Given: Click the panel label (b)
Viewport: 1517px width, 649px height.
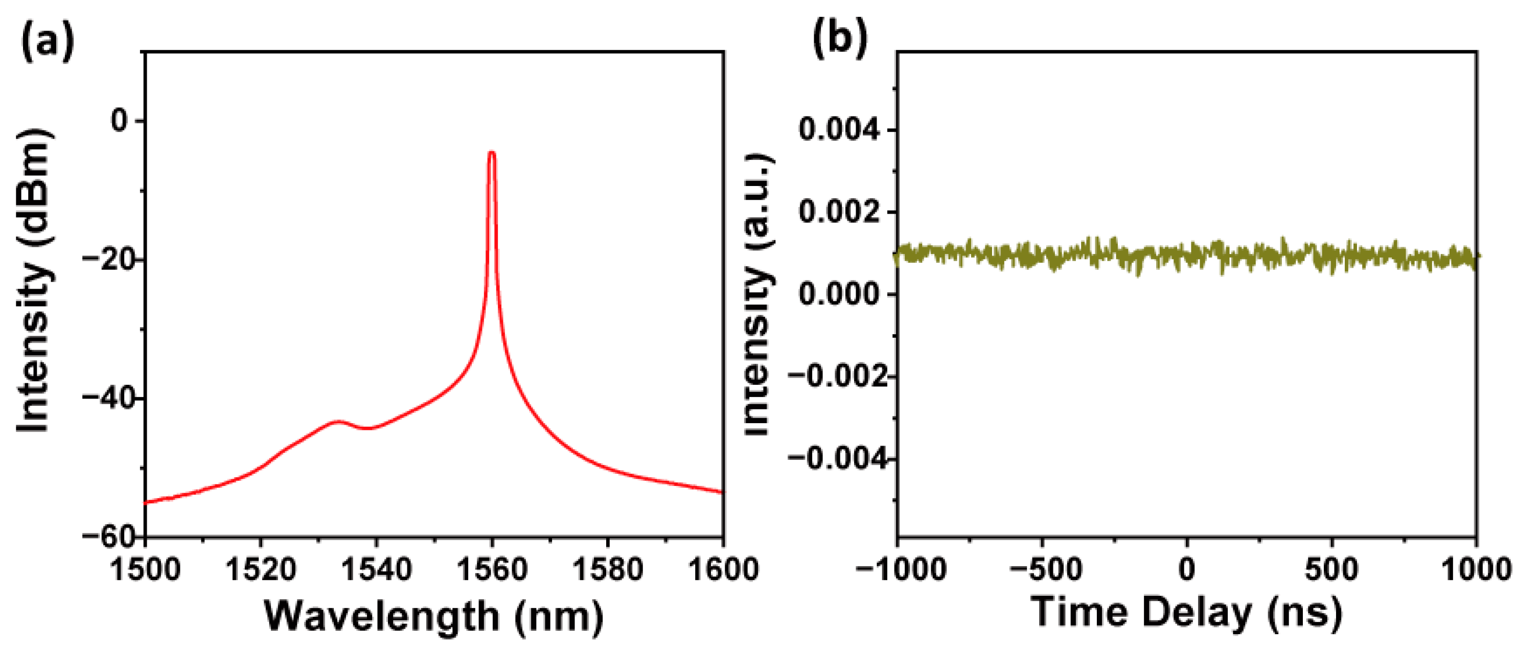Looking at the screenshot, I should (x=840, y=39).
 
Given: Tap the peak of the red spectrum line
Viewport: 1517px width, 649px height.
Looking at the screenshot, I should (x=492, y=153).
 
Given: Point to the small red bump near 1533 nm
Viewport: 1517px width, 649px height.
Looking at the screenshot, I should (x=337, y=422).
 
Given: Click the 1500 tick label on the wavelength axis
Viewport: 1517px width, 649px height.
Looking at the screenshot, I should (x=145, y=570).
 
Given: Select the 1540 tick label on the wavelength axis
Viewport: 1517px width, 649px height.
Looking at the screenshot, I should (x=376, y=570).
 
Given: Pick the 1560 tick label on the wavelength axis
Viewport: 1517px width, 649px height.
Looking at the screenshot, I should (x=492, y=570).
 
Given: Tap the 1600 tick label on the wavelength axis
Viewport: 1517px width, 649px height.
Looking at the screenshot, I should (x=723, y=570).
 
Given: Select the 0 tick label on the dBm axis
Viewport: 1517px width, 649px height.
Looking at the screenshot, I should (x=120, y=121).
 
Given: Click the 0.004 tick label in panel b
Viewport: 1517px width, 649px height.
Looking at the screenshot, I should (x=839, y=130).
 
